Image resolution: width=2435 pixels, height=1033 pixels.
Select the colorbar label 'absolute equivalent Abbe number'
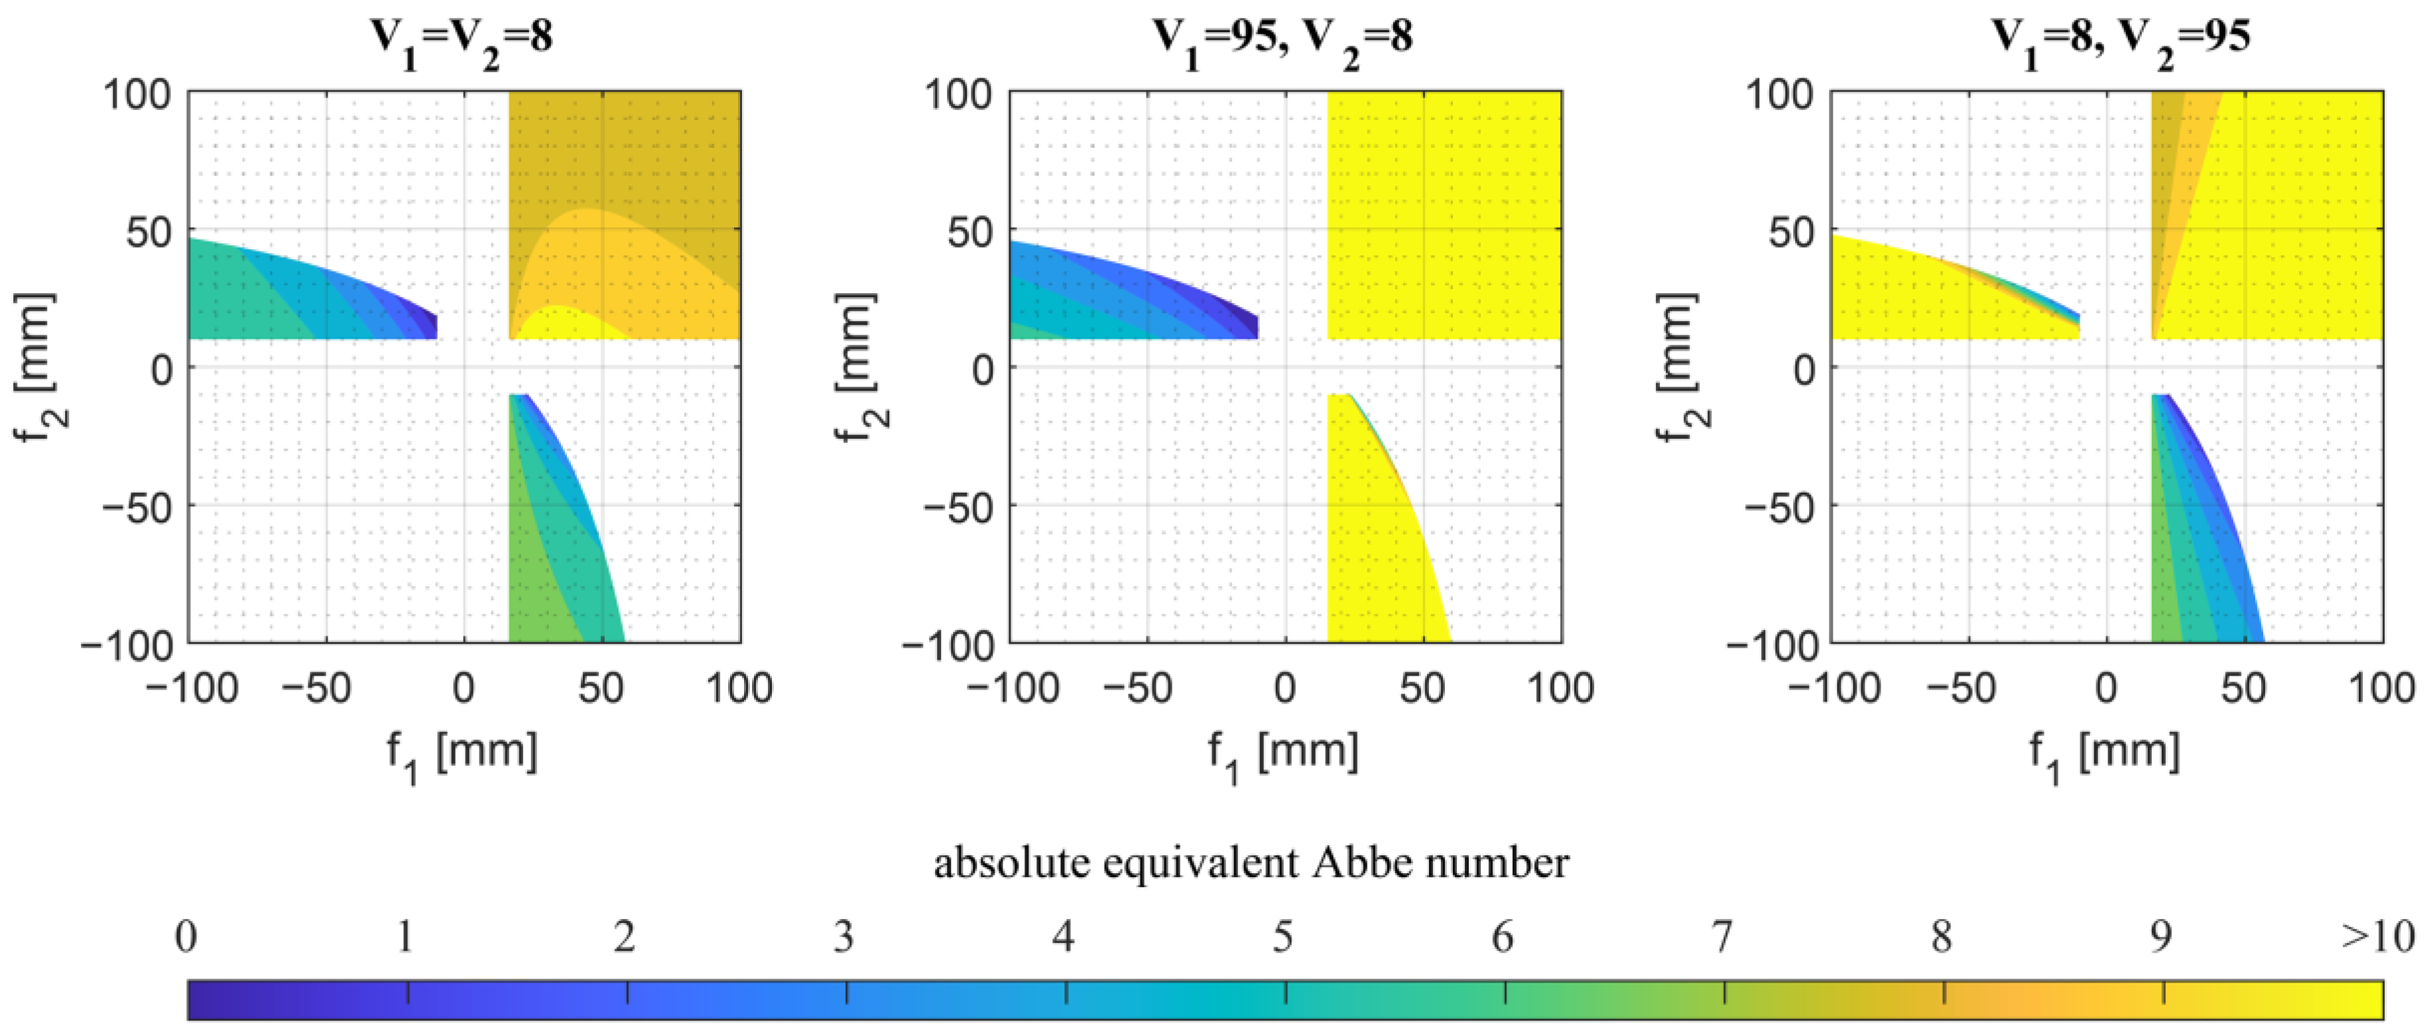coord(1251,862)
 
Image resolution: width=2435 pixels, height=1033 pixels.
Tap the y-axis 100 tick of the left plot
coord(137,95)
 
